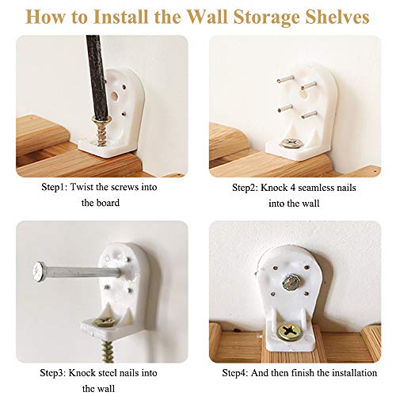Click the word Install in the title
[120, 17]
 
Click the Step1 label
[54, 187]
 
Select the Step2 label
[246, 188]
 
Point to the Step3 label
[53, 373]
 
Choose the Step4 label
[235, 373]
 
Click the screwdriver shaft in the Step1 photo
[97, 76]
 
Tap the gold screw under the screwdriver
[101, 131]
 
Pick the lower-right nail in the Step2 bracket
[309, 114]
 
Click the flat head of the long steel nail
[39, 272]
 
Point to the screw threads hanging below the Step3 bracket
[108, 352]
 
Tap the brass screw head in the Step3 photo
[105, 322]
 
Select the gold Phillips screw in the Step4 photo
[290, 331]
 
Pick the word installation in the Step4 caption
[354, 373]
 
